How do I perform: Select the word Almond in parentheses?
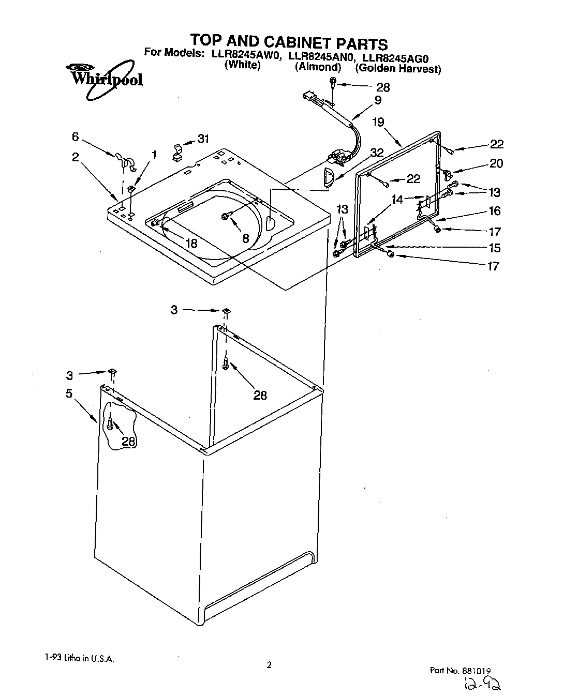[318, 67]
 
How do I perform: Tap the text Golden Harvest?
[398, 69]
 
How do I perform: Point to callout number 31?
[203, 139]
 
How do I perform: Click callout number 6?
[76, 137]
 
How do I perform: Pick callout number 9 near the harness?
[378, 100]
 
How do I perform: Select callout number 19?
[378, 123]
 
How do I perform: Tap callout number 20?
[496, 163]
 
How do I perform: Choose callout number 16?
[494, 210]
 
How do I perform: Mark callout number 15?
[494, 248]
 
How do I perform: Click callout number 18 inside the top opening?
[191, 244]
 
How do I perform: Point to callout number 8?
[245, 238]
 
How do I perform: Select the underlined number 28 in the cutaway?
[129, 441]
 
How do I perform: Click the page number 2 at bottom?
[269, 665]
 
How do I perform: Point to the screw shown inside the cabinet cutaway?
[110, 424]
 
